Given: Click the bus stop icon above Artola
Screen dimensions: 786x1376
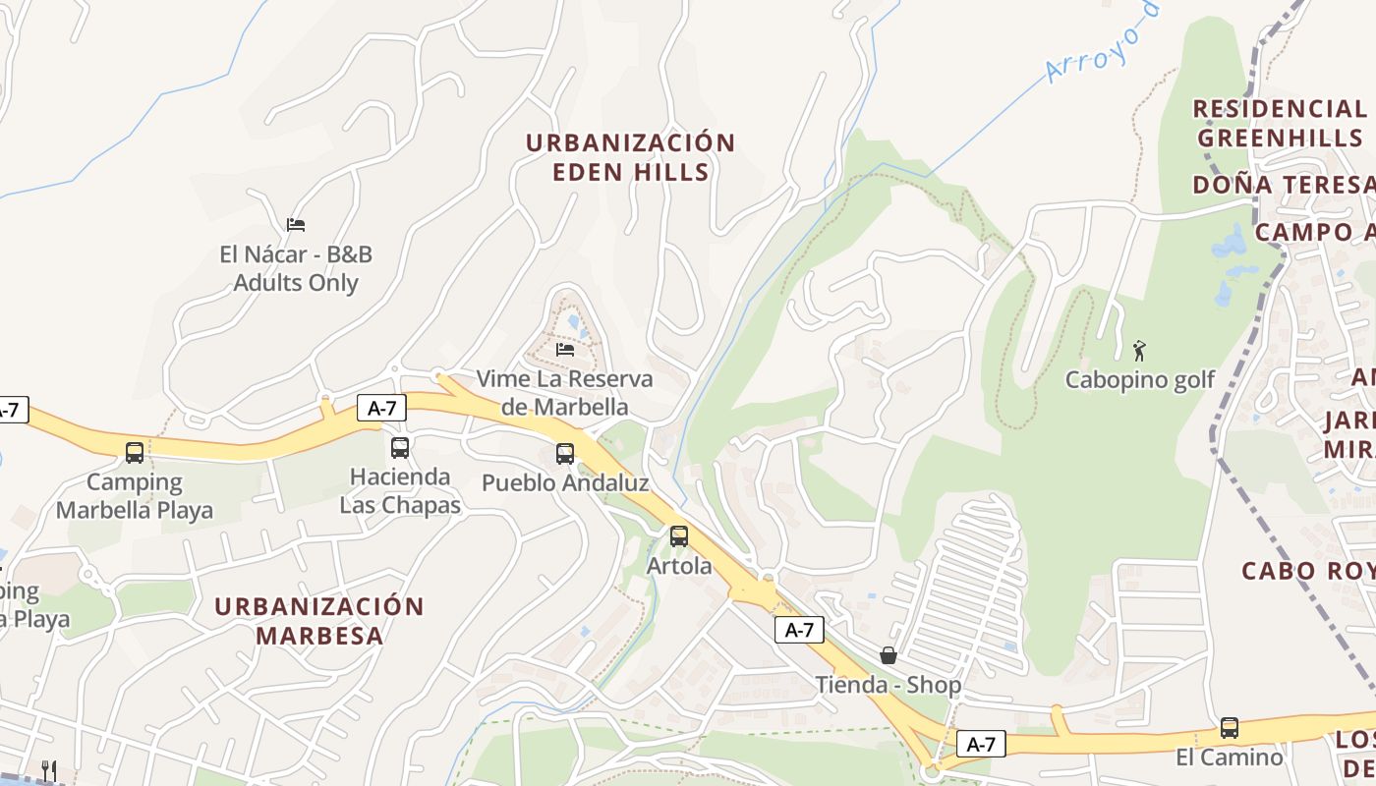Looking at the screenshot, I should tap(679, 536).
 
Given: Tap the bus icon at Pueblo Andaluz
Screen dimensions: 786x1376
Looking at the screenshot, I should tap(565, 454).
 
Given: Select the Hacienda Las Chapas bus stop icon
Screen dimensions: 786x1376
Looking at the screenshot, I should tap(400, 448).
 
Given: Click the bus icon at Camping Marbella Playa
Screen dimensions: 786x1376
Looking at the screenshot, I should tap(135, 453).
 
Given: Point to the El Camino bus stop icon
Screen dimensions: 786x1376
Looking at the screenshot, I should tap(1230, 728).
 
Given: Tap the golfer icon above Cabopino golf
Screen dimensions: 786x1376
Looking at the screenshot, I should tap(1139, 350).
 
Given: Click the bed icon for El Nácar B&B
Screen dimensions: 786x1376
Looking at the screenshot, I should tap(296, 224).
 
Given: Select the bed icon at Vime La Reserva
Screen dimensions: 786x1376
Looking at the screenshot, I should tap(565, 348).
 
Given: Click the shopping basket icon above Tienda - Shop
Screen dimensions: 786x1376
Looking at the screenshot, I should tap(889, 655).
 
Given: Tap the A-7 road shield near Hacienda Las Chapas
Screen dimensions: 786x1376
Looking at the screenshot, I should tap(381, 408).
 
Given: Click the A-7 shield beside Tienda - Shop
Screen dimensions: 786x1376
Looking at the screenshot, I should tap(799, 630).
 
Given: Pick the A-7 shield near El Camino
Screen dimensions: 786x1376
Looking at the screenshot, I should tap(981, 744).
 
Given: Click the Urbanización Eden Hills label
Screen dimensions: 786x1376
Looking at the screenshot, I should tap(630, 157).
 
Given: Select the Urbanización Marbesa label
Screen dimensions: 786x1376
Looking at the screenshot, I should tap(319, 620).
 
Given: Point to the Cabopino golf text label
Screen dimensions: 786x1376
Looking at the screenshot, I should tap(1140, 379).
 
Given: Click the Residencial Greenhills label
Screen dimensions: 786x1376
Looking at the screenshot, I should tap(1280, 123).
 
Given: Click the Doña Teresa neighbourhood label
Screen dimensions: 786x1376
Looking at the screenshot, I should tap(1283, 185).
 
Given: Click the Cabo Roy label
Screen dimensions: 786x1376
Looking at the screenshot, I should tap(1307, 571).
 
